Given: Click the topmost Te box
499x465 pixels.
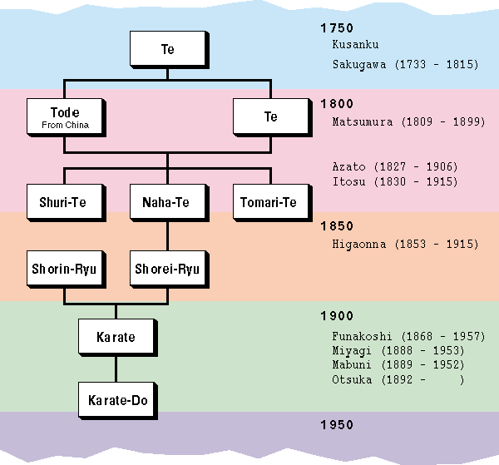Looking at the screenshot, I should pos(167,49).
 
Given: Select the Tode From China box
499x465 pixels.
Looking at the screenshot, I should pos(64,116).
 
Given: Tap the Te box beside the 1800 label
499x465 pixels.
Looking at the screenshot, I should pos(270,116).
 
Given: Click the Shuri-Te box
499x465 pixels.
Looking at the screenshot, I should pos(62,202).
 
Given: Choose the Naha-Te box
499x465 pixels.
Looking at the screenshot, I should pos(167,202).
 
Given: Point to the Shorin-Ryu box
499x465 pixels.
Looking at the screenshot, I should pos(62,269).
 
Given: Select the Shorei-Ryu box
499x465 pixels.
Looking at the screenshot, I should pos(167,269).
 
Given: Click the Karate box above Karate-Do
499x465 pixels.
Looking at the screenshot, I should pos(116,338).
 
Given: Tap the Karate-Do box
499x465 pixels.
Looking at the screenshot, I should pos(116,401).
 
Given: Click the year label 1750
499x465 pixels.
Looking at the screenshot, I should pos(337,27).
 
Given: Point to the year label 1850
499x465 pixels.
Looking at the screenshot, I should pos(337,226).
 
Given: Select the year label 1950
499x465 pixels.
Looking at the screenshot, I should pos(337,425).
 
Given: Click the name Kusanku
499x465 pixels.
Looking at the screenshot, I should pos(355,45).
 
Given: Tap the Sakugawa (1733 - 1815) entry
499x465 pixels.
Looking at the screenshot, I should pos(405,64).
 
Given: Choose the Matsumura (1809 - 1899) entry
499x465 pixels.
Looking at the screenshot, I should pos(408,122).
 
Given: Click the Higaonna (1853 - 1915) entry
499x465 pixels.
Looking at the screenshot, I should pos(405,245).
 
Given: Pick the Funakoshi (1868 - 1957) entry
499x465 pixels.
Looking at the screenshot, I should pos(408,336).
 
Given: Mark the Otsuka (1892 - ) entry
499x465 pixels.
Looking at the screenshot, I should pos(398,380).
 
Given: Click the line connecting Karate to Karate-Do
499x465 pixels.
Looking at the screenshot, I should pos(116,368).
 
